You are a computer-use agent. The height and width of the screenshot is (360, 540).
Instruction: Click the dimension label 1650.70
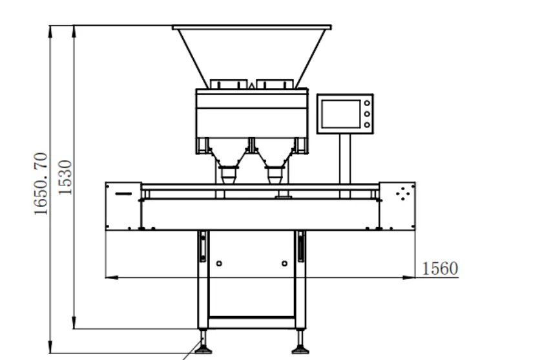41,184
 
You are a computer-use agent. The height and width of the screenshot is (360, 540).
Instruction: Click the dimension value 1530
65,178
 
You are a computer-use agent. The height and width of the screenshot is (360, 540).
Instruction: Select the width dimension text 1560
440,268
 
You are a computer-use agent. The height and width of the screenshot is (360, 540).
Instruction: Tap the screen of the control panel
341,114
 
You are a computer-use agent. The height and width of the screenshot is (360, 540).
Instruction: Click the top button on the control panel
367,103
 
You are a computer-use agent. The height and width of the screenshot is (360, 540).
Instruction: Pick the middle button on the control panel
367,114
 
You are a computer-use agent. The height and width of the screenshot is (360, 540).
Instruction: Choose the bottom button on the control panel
367,125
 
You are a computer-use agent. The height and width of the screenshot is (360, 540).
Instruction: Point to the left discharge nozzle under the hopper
229,175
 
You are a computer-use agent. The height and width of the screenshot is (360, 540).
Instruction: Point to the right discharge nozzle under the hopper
275,175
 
